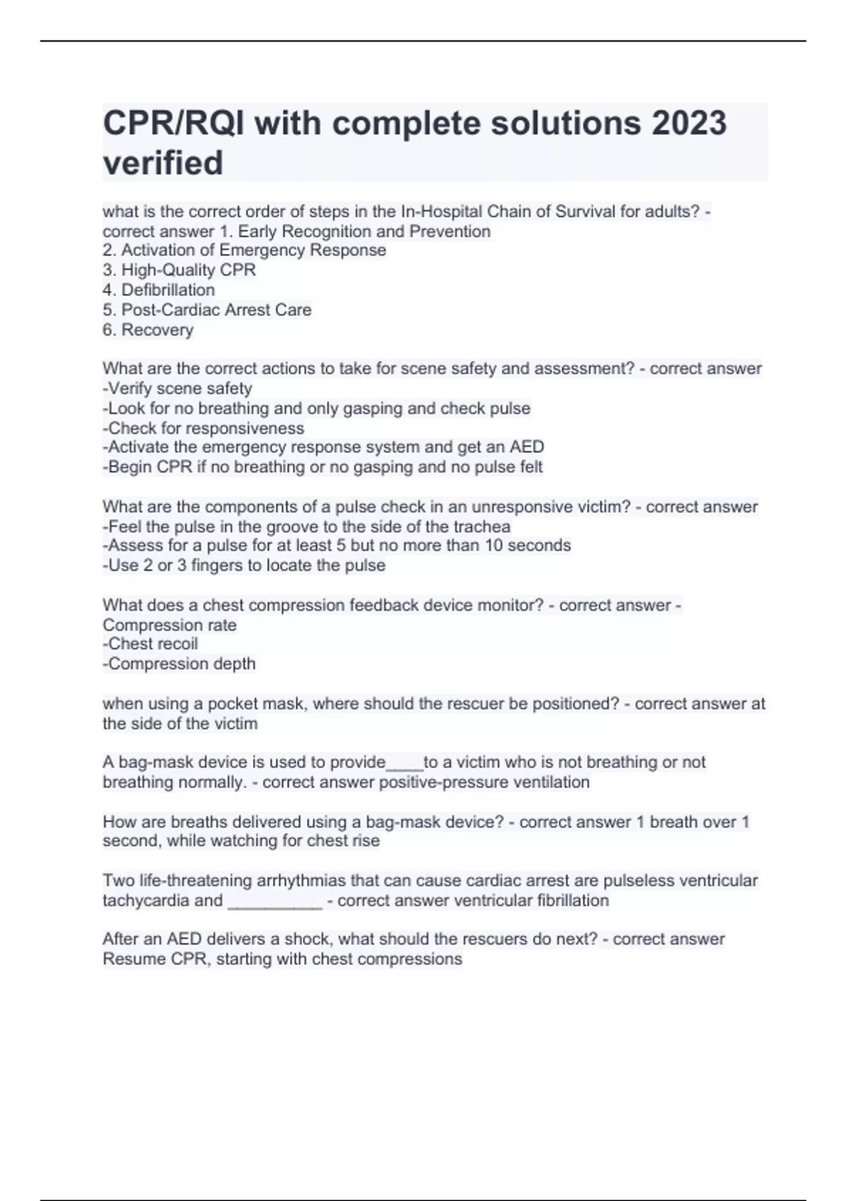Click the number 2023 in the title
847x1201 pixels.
(689, 123)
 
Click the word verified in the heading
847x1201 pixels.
(163, 162)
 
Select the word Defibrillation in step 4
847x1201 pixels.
(168, 290)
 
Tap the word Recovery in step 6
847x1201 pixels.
(157, 330)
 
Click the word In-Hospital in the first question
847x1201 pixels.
(442, 211)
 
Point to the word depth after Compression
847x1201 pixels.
(236, 663)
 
